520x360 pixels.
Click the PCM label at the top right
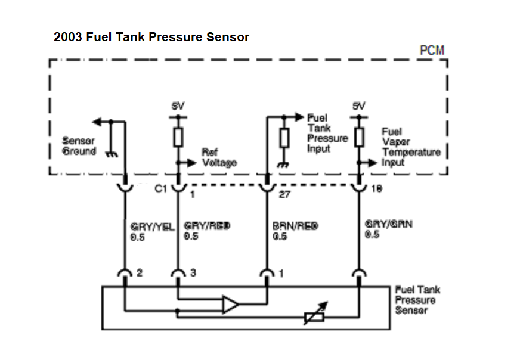coord(432,50)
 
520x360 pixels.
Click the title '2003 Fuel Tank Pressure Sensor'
coord(151,37)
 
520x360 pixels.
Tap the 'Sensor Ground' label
coord(79,147)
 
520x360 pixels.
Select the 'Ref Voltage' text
coord(219,157)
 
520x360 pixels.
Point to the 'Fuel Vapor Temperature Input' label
coord(411,147)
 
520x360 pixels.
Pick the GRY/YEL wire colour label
coord(152,226)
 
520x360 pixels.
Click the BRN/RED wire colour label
coord(295,226)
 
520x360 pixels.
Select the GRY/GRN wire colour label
coord(389,225)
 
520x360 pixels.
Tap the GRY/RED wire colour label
coord(207,226)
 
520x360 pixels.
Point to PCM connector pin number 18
coord(376,190)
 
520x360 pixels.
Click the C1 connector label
coord(160,190)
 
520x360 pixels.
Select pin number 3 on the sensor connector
coord(193,273)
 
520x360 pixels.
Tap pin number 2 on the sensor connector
coord(138,273)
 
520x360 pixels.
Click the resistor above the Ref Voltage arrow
coord(178,138)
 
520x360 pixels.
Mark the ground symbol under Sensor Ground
coord(112,154)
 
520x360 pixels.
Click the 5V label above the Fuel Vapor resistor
coord(358,106)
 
